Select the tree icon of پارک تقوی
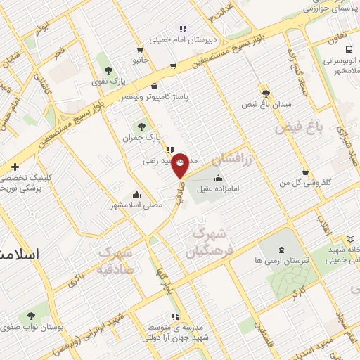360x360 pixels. click(x=108, y=70)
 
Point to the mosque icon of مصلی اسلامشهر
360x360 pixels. click(x=136, y=195)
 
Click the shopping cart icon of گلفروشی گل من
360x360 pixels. click(x=305, y=172)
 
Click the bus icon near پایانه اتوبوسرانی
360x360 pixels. click(x=349, y=49)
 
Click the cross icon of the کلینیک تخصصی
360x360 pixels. click(x=15, y=167)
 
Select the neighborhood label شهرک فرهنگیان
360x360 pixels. click(x=208, y=242)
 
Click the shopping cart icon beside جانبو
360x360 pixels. click(x=139, y=50)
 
